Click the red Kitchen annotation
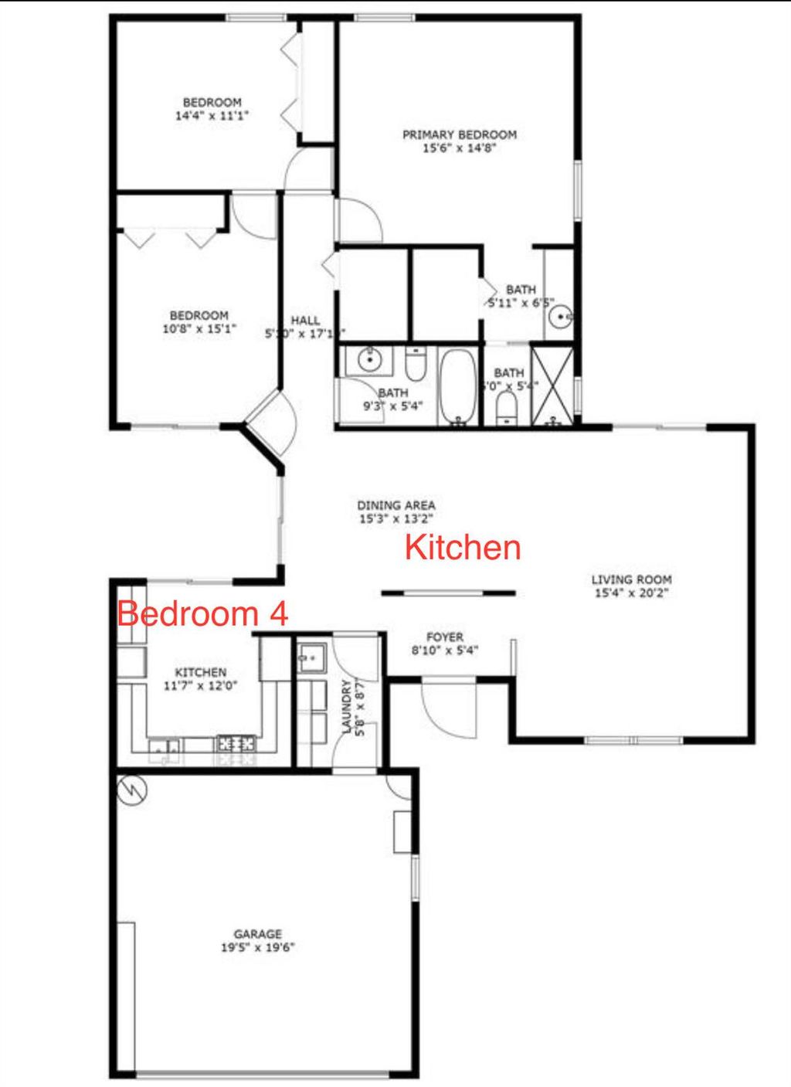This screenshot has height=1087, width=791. (463, 548)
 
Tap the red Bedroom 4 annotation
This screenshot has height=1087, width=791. (202, 614)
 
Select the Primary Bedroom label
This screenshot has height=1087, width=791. (459, 134)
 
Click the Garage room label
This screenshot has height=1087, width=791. (257, 934)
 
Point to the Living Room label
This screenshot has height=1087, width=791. (631, 579)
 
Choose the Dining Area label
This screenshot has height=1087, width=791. (395, 505)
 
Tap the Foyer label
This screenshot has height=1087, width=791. (445, 637)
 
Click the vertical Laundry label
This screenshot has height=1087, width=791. (347, 707)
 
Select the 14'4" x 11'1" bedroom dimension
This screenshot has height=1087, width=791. (212, 116)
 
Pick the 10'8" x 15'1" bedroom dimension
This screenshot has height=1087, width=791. (199, 328)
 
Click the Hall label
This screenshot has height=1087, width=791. (305, 321)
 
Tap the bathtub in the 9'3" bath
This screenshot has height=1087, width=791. (458, 386)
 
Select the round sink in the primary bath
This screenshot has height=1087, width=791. (561, 315)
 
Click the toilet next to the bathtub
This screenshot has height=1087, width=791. (416, 365)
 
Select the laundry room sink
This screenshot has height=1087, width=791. (312, 657)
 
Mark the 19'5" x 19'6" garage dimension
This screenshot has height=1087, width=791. (257, 948)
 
